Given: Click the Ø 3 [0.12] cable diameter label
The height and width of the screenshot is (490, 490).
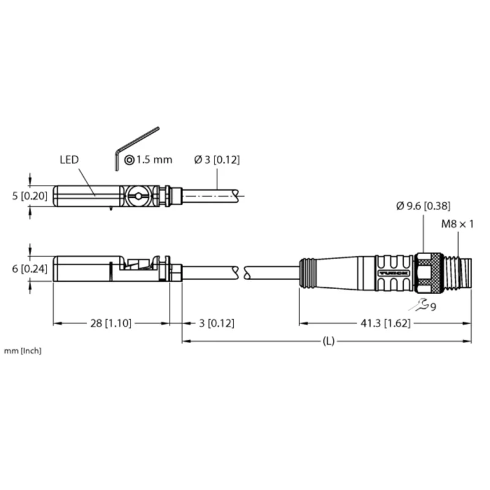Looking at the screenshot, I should tap(216, 160).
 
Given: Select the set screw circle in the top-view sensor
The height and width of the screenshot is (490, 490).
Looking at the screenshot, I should tap(139, 196).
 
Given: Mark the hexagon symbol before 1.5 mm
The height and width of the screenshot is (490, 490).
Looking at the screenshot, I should tap(129, 160).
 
